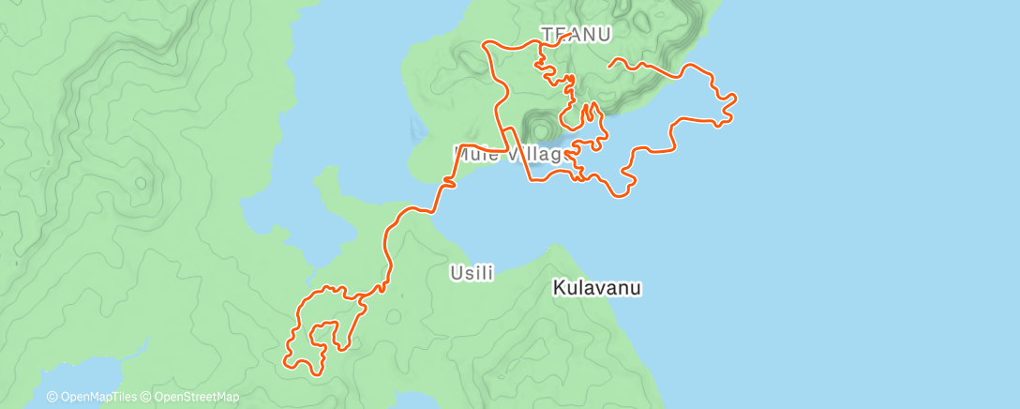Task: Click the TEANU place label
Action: point(577,35)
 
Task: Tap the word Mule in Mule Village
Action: point(475,153)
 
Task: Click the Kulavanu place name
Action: point(597,288)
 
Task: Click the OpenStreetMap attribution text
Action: point(196,397)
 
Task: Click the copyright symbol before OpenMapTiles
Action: point(52,397)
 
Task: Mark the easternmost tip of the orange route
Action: point(734,97)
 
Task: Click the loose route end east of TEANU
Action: point(611,65)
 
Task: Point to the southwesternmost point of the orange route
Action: point(285,356)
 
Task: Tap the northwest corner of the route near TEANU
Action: point(485,44)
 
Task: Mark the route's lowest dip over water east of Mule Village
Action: point(619,195)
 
